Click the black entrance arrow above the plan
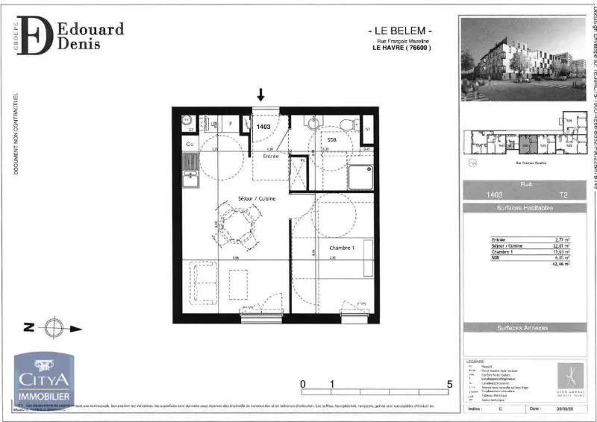260,94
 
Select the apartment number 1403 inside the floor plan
263,127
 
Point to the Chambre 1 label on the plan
340,248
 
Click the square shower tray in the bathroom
360,177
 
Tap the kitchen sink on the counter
191,177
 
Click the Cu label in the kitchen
190,143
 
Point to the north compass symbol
53,327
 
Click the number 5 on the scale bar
449,385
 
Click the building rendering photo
522,59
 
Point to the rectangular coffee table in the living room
237,284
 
